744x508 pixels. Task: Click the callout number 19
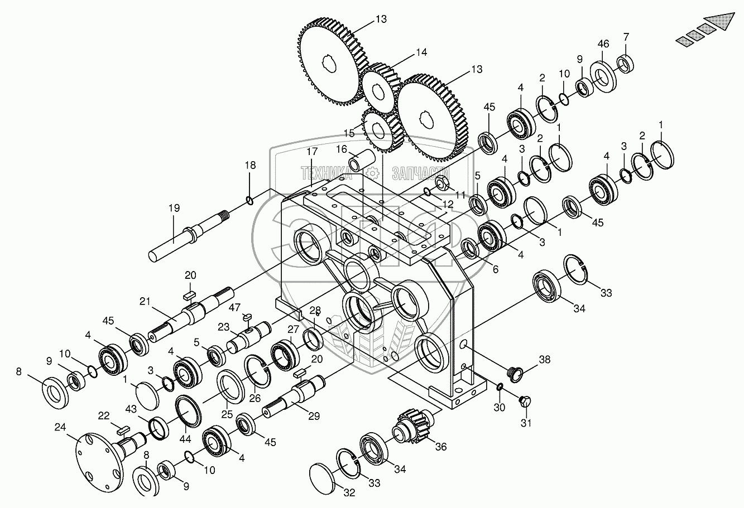[x=174, y=208]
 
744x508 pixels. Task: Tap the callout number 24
[x=60, y=427]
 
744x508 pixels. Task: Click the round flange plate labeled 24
[x=100, y=462]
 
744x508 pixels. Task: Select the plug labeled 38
[x=515, y=375]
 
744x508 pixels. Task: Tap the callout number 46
[x=603, y=44]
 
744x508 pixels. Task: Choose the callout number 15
[x=349, y=133]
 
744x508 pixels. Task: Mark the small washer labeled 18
[x=250, y=200]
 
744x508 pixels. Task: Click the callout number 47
[x=234, y=308]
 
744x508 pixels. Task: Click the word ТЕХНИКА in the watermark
[x=326, y=173]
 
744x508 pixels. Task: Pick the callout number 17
[x=312, y=151]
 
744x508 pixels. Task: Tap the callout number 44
[x=185, y=439]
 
